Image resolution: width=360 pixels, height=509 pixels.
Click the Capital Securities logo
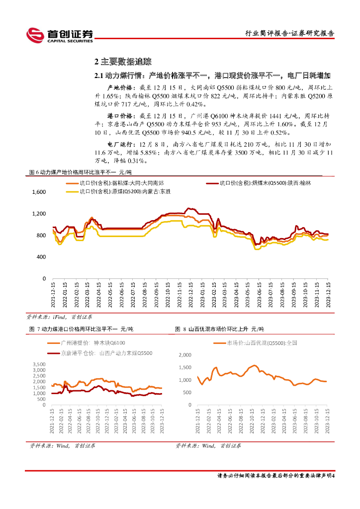tap(59, 34)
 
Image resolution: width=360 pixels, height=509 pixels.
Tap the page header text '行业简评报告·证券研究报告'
tap(290, 34)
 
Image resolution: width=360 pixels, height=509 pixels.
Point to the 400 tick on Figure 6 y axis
tap(41, 257)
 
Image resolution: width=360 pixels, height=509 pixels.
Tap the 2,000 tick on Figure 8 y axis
tap(184, 355)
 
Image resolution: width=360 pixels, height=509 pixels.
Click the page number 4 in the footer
tap(333, 475)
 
